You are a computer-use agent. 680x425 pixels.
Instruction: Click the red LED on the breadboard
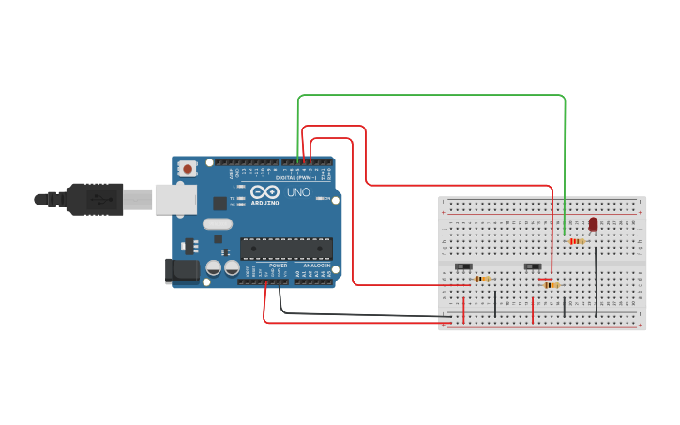point(593,223)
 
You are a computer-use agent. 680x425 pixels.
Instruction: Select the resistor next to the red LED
point(577,241)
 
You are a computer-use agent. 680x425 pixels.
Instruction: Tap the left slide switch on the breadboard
point(463,266)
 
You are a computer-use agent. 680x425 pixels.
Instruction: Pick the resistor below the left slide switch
point(482,279)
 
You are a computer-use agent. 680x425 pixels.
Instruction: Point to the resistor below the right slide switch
point(551,284)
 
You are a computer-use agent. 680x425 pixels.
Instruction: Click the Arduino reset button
point(188,169)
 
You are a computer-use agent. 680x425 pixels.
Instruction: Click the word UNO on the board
point(298,192)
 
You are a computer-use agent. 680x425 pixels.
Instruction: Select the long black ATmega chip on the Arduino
point(286,248)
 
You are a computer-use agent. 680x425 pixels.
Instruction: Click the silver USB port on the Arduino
point(176,198)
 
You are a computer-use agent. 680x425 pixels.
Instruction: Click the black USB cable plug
point(94,199)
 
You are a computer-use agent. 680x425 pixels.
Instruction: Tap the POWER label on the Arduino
point(279,266)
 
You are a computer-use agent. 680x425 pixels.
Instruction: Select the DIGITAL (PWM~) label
point(295,177)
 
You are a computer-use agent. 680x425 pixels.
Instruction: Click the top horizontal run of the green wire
point(431,95)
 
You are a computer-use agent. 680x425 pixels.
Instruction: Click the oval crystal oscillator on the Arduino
point(216,224)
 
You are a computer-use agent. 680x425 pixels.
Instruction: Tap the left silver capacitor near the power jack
point(213,268)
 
